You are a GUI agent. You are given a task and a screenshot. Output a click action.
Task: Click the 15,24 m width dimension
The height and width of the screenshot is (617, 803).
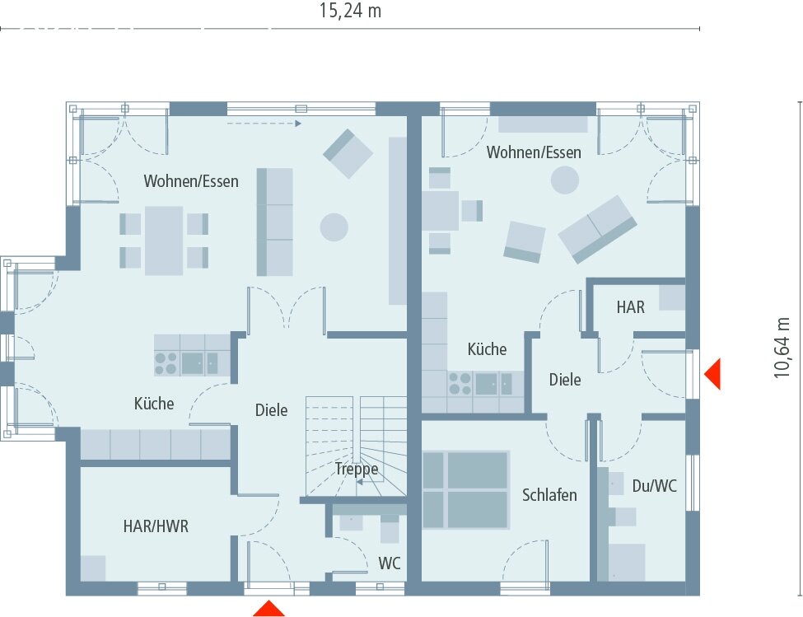click(x=350, y=11)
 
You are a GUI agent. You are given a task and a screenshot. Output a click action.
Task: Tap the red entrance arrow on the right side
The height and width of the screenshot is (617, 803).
click(x=712, y=374)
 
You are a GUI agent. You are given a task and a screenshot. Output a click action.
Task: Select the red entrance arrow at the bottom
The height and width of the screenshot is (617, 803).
click(x=268, y=609)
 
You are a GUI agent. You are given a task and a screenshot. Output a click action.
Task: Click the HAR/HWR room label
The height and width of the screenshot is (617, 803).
click(x=156, y=526)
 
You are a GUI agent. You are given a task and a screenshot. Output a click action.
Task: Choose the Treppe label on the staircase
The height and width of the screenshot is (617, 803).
click(x=357, y=469)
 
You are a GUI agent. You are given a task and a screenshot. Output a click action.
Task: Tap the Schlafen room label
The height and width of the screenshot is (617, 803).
click(x=549, y=495)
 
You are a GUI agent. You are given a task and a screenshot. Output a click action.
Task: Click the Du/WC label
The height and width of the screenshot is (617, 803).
click(x=655, y=486)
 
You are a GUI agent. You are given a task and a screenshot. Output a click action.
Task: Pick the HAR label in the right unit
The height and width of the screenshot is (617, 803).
click(x=631, y=306)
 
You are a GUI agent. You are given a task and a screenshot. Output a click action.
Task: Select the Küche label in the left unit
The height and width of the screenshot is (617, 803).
click(x=154, y=404)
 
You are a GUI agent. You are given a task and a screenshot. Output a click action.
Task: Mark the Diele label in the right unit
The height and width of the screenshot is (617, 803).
click(x=565, y=380)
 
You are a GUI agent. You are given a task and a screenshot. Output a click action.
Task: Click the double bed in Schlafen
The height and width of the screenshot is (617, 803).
click(x=465, y=488)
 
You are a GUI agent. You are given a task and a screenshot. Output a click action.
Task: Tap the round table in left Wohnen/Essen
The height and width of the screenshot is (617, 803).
click(x=334, y=227)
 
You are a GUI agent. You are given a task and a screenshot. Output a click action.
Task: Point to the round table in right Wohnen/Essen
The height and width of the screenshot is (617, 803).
click(x=565, y=180)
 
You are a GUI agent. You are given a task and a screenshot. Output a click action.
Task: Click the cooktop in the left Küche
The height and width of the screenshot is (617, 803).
click(x=166, y=363)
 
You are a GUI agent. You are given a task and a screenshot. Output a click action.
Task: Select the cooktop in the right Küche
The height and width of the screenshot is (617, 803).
click(x=460, y=384)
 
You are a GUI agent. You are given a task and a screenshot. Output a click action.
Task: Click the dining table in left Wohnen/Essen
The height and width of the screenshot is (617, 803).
click(x=164, y=240)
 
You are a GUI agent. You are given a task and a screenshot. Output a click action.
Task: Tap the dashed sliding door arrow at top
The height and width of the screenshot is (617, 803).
click(x=264, y=124)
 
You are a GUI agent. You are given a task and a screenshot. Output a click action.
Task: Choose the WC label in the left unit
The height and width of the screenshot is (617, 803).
click(x=390, y=564)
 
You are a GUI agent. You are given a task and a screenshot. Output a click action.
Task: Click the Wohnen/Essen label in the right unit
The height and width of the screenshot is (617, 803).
click(x=534, y=152)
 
